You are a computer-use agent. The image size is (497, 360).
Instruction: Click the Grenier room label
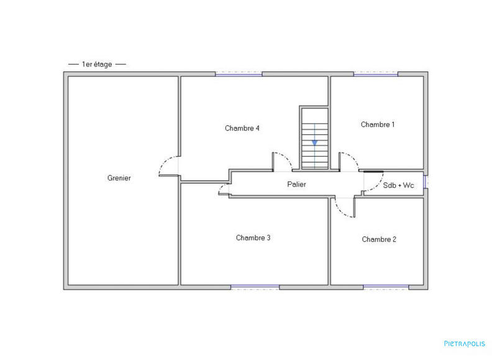(119, 178)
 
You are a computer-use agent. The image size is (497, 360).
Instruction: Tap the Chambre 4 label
(242, 128)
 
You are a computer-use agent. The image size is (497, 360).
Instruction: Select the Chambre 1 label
(377, 124)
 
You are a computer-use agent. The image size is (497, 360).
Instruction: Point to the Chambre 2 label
(379, 239)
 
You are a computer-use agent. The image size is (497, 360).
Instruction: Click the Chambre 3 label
(253, 238)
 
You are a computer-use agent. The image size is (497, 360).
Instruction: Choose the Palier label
(296, 184)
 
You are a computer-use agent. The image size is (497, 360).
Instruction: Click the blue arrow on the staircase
(314, 141)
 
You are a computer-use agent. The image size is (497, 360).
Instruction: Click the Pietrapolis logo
(465, 343)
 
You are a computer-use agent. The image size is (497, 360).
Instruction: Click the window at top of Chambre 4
(239, 74)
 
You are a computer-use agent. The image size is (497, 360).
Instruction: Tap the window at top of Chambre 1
(375, 74)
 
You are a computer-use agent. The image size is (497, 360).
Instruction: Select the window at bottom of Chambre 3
(255, 287)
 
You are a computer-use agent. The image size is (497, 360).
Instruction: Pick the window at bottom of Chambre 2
(385, 287)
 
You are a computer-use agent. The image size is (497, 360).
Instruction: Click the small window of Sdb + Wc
(426, 181)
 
